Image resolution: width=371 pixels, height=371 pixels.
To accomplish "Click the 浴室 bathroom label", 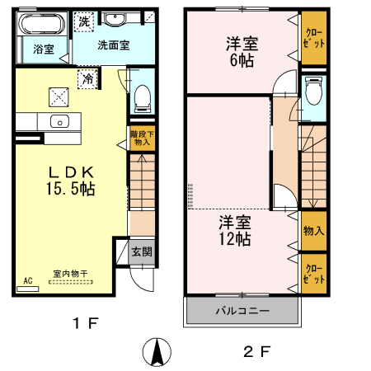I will [44, 49].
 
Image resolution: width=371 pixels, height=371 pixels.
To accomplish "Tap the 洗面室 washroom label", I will [113, 46].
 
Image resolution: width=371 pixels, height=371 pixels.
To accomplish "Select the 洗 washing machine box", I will [84, 22].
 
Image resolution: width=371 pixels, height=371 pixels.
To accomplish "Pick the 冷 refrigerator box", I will [87, 79].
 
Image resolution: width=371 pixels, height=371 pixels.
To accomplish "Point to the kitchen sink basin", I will [59, 122].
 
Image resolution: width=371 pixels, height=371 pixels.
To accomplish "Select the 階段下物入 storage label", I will [141, 137].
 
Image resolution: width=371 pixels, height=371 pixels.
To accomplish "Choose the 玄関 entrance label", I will [141, 251].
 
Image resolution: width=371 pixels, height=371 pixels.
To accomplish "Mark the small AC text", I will [28, 280].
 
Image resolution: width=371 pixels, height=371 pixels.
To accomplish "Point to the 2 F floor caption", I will [257, 350].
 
